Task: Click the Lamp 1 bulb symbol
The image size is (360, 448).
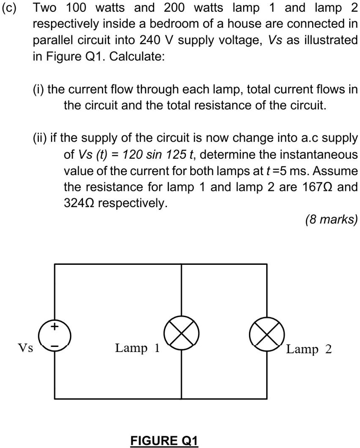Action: (181, 334)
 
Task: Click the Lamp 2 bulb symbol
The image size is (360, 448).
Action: (267, 334)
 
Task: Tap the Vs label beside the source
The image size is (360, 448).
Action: (25, 348)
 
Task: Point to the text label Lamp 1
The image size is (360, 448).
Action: (137, 348)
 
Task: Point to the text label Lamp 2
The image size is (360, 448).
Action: (309, 349)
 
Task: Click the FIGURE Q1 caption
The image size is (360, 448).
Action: (164, 440)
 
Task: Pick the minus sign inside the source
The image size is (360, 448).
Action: (55, 346)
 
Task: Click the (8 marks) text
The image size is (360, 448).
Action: (331, 220)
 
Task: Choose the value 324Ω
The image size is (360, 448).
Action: (78, 203)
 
